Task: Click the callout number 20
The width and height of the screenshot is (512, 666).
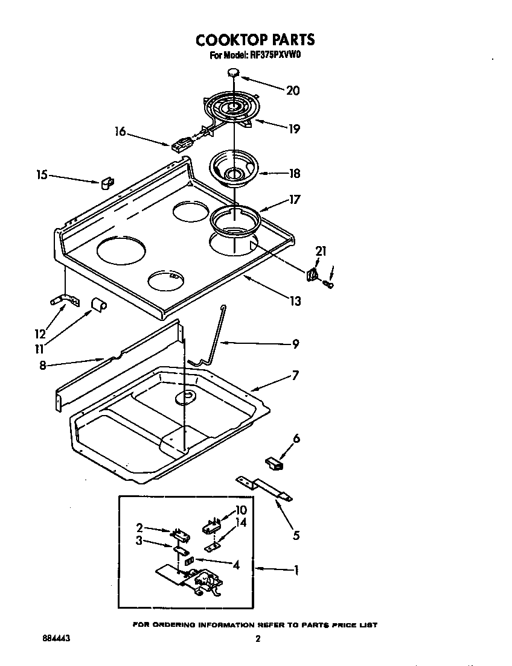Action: [x=292, y=90]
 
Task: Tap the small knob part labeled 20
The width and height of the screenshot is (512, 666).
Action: [x=234, y=74]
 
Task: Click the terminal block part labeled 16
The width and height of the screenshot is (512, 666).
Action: [x=180, y=145]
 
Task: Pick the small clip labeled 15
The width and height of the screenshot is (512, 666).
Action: [x=107, y=182]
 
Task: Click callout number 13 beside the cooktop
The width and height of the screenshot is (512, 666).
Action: [x=294, y=301]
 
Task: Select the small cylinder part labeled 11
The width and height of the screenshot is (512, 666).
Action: [x=98, y=304]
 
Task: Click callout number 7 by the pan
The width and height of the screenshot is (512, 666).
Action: [x=295, y=375]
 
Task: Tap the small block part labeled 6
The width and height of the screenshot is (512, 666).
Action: [x=275, y=463]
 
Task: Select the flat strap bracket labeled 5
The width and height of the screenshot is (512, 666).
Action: [x=266, y=486]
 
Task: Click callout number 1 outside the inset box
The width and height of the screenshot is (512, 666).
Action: [x=295, y=569]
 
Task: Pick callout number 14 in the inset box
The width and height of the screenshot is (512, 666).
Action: [x=241, y=522]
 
